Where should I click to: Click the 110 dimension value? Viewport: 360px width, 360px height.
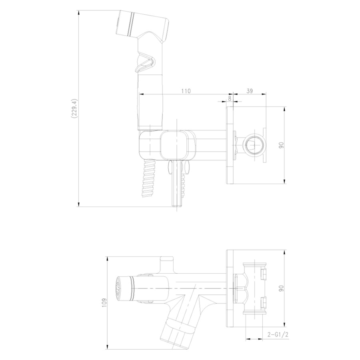(186, 91)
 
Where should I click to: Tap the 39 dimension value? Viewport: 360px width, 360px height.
(250, 91)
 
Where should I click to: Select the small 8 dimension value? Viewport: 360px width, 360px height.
(230, 98)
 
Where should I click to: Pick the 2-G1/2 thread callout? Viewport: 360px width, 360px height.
(278, 334)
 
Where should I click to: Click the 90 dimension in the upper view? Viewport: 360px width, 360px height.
(282, 145)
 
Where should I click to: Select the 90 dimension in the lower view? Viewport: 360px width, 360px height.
(282, 288)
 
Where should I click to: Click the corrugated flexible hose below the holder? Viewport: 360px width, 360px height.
(149, 178)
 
